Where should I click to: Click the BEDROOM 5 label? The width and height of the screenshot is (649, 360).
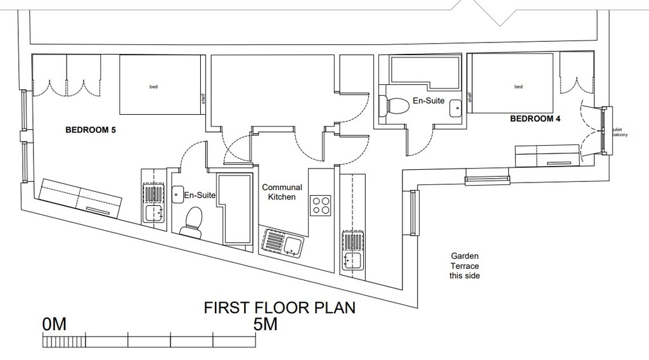point(91,130)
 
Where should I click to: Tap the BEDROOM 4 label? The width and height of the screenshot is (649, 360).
point(535,119)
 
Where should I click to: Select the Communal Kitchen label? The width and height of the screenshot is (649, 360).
point(282,192)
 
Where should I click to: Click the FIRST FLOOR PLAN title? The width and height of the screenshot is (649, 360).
point(280,308)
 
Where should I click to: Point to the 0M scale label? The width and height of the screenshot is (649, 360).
point(55,325)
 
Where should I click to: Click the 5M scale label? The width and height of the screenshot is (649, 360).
point(266,325)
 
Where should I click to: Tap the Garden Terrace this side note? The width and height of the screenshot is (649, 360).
point(465,266)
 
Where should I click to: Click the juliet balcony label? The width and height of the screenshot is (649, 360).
point(619,132)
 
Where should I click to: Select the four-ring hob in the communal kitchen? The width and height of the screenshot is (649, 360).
point(321,205)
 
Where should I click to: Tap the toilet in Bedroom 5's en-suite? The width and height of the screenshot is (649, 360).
point(192,222)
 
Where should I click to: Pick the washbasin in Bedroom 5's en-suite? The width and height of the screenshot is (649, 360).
point(178,194)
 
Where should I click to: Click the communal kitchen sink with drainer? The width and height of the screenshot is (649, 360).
point(281,242)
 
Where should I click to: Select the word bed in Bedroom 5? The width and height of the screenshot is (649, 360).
point(153,87)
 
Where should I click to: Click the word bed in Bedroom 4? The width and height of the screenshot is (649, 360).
point(518,87)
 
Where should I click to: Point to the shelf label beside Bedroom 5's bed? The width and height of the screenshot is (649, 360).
point(203,98)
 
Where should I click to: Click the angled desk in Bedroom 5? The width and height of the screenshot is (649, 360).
point(80,199)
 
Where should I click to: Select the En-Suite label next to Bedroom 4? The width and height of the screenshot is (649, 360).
point(428,101)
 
